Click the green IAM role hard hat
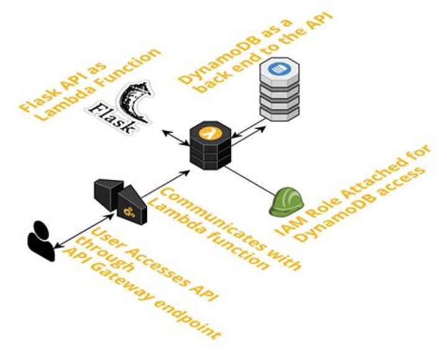click(x=286, y=202)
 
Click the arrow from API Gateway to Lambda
click(x=168, y=181)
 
